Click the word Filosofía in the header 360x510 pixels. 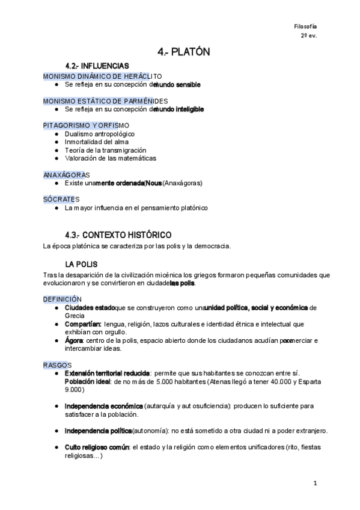pyautogui.click(x=305, y=26)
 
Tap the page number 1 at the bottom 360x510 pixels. pyautogui.click(x=314, y=483)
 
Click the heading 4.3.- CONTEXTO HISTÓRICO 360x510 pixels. pyautogui.click(x=118, y=235)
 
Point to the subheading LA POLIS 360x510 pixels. pyautogui.click(x=81, y=264)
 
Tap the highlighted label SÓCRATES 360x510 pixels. pyautogui.click(x=61, y=199)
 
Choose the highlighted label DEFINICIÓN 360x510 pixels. pyautogui.click(x=63, y=299)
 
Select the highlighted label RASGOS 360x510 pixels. pyautogui.click(x=57, y=365)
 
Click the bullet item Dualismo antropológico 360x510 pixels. pyautogui.click(x=100, y=134)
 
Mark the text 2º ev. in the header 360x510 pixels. pyautogui.click(x=309, y=35)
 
